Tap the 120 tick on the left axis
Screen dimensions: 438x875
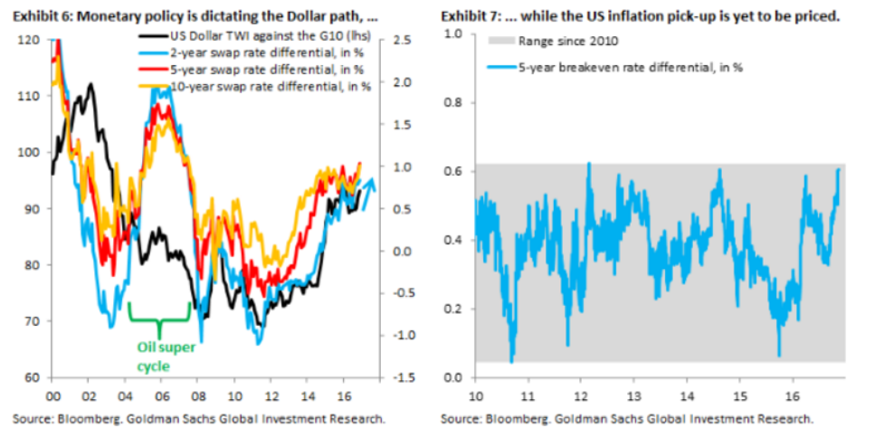coord(29,40)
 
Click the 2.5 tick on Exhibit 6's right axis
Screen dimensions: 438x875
coord(403,40)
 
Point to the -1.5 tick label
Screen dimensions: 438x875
coord(404,377)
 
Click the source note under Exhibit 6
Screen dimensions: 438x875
coord(199,420)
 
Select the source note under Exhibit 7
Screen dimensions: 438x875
coord(626,420)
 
